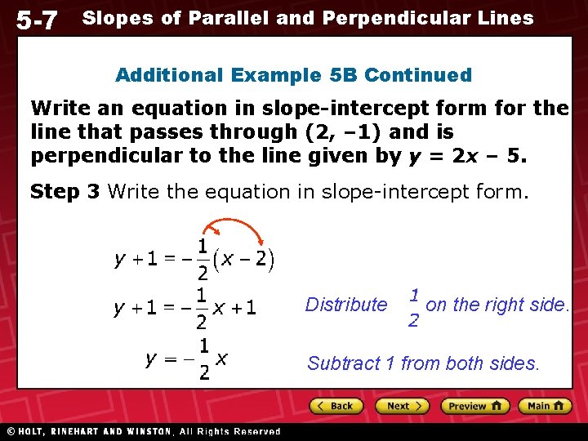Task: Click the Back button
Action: [x=335, y=406]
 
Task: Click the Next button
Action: [x=402, y=406]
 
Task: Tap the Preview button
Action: [x=474, y=406]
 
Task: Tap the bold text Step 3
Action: [x=65, y=192]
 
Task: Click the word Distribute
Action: [x=346, y=305]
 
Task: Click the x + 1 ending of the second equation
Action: [x=235, y=308]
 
